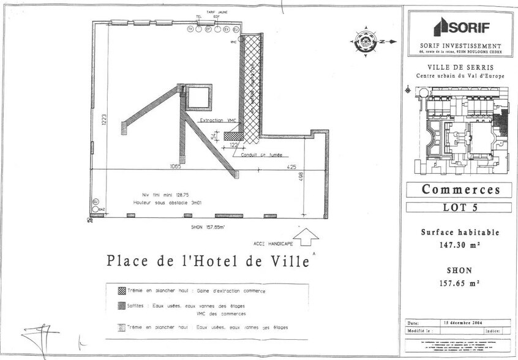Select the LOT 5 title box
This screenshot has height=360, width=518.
pyautogui.click(x=460, y=207)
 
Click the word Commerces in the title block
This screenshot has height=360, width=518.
pyautogui.click(x=460, y=190)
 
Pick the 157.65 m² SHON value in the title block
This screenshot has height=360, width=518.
pyautogui.click(x=460, y=283)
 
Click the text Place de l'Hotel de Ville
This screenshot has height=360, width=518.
pyautogui.click(x=208, y=261)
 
